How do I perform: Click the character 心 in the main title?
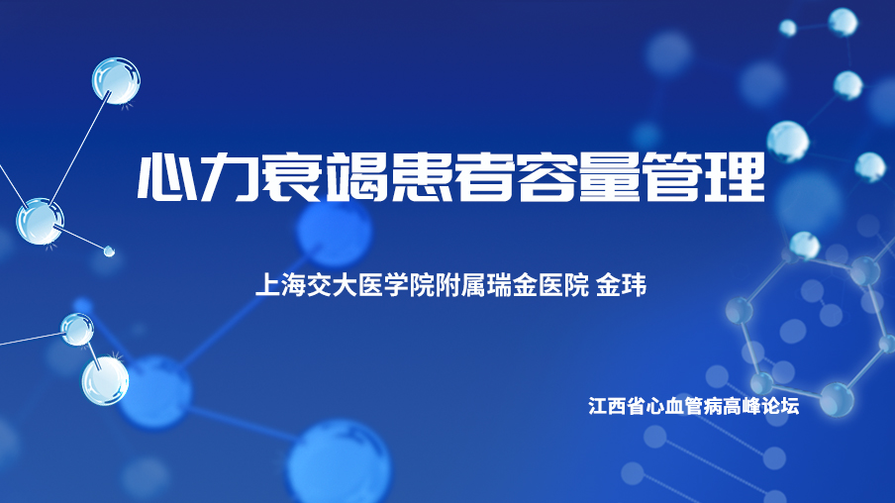(165, 177)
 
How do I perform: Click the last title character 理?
(736, 177)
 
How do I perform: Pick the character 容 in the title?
(547, 177)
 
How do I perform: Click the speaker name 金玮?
(621, 285)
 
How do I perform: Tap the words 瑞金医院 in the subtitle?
(538, 285)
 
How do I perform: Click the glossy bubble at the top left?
(116, 81)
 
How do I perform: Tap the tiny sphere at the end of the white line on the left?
(109, 251)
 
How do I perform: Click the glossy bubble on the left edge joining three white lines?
(40, 222)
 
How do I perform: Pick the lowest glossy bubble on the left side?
(105, 381)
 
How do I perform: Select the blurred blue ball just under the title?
(335, 231)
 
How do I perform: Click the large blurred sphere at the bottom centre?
(339, 463)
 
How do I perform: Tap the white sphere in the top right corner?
(843, 22)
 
